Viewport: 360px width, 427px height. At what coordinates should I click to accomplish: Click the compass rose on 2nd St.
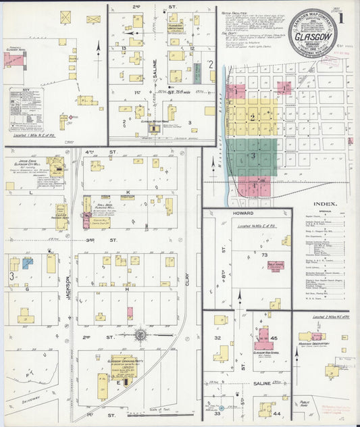click(140, 334)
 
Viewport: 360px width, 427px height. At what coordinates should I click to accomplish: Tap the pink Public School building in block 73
click(275, 266)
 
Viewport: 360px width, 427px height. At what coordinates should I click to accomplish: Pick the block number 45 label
click(274, 338)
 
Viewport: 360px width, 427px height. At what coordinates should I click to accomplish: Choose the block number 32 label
click(217, 337)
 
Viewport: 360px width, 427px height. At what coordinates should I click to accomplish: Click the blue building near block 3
click(27, 263)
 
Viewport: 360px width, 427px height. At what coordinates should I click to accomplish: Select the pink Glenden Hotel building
click(11, 59)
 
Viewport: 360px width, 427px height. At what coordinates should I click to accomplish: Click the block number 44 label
click(276, 411)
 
